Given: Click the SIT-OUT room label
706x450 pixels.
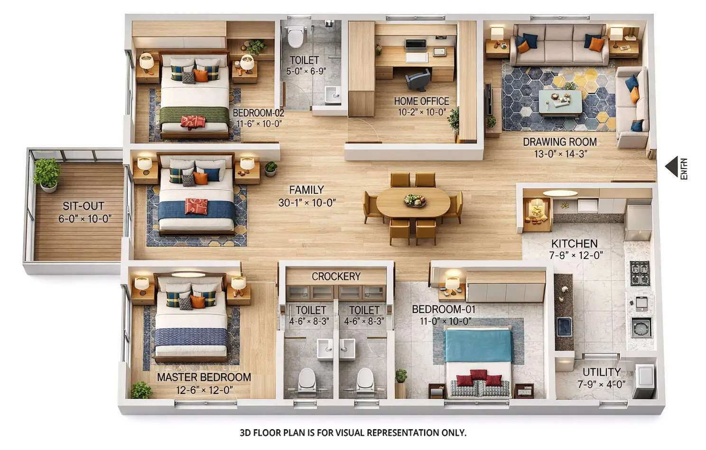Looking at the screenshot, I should pyautogui.click(x=84, y=206).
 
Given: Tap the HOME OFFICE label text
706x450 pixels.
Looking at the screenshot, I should pyautogui.click(x=421, y=101).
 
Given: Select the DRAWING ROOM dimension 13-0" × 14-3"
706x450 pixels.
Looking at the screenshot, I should pyautogui.click(x=560, y=154).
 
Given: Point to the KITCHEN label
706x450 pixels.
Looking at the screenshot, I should pyautogui.click(x=574, y=244).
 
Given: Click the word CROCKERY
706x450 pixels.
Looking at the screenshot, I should pyautogui.click(x=336, y=276).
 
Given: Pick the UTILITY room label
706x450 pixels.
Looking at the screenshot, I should pyautogui.click(x=602, y=372).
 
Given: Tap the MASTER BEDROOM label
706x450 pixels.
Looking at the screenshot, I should pyautogui.click(x=204, y=377).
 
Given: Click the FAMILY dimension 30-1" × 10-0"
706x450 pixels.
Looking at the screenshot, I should pyautogui.click(x=307, y=202).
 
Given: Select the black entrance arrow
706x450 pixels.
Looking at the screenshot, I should pyautogui.click(x=671, y=167).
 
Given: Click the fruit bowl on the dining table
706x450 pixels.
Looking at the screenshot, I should pyautogui.click(x=415, y=200).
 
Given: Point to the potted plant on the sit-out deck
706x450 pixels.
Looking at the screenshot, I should pyautogui.click(x=47, y=173).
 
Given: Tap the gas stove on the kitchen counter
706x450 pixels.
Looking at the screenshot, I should pyautogui.click(x=639, y=272).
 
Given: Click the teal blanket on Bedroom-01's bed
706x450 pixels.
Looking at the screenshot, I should pyautogui.click(x=478, y=345).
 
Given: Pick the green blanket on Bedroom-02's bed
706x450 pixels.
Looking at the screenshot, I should pyautogui.click(x=195, y=114).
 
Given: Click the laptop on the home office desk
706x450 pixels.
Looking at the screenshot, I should pyautogui.click(x=416, y=46).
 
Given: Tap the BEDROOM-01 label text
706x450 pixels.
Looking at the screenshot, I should pyautogui.click(x=443, y=309).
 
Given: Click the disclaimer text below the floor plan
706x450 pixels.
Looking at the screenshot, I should pyautogui.click(x=353, y=432).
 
